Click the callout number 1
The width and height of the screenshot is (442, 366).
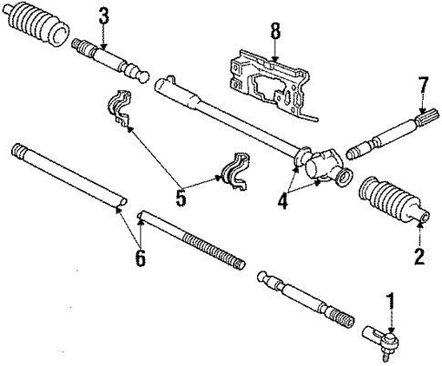point(392,300)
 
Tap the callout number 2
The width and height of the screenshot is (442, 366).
point(418,256)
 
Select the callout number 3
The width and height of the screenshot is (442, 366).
point(103,15)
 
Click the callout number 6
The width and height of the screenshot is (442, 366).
point(139,258)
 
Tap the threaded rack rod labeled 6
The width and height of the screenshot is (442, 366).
point(191,239)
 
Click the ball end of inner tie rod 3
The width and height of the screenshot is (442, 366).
point(140,75)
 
